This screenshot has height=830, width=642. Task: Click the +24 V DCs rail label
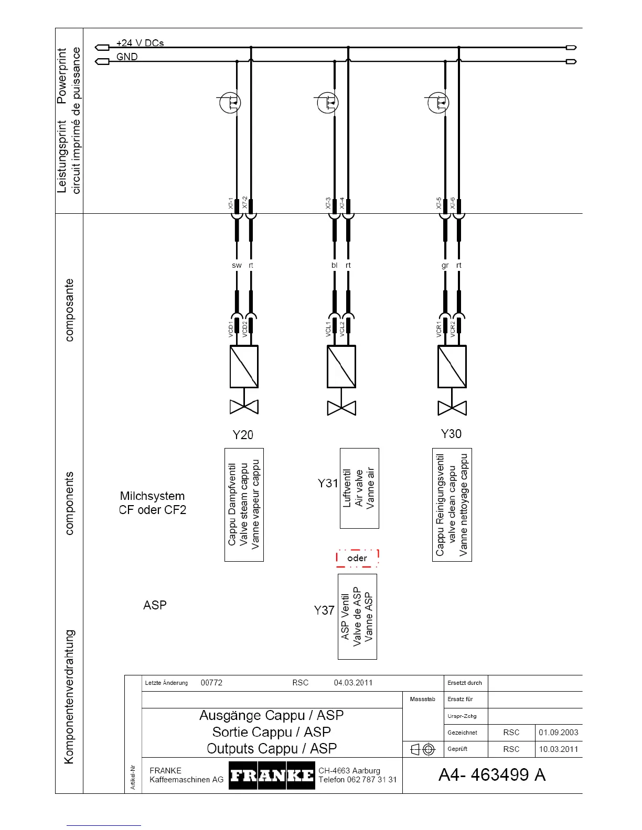tap(140, 43)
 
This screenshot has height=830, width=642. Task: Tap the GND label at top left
tap(127, 57)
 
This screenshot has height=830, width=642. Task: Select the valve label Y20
tap(243, 434)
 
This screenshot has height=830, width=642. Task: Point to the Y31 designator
tap(328, 483)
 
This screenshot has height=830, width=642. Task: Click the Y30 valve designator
tap(451, 433)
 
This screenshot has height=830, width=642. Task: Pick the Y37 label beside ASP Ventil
tap(324, 610)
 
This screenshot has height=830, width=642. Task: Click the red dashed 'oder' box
tap(357, 558)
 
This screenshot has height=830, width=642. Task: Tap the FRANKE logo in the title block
tap(272, 775)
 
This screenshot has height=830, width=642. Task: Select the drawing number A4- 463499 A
tap(492, 774)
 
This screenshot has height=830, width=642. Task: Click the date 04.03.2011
tap(353, 683)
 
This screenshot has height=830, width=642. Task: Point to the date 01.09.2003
tap(558, 733)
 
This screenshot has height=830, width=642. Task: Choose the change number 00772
tap(211, 683)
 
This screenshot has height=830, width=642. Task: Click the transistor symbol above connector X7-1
tap(230, 102)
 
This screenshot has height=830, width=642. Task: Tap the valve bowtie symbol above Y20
tap(244, 407)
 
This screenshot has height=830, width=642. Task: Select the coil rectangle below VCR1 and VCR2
tap(452, 366)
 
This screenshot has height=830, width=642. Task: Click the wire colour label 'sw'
tap(237, 265)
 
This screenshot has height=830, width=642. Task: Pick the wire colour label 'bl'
tap(334, 265)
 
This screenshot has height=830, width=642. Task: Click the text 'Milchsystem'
tap(152, 496)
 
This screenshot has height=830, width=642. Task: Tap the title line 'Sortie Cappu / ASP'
tap(271, 732)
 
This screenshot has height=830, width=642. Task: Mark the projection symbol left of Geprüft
tap(423, 749)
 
